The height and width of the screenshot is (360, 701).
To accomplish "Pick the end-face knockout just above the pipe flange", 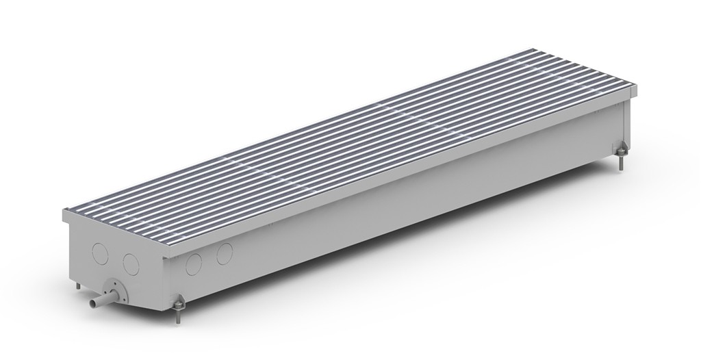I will pyautogui.click(x=130, y=263).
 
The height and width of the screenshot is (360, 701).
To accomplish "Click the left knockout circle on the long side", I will pyautogui.click(x=194, y=263).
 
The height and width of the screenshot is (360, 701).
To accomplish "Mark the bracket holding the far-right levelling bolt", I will pyautogui.click(x=620, y=149).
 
